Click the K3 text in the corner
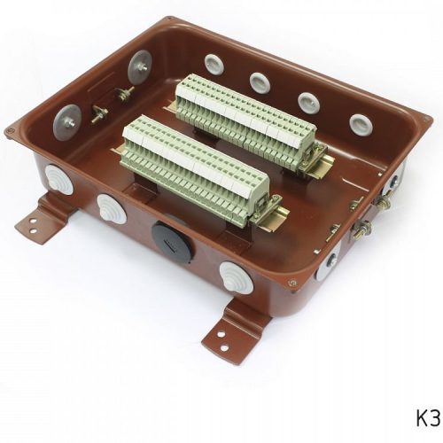pyautogui.click(x=429, y=417)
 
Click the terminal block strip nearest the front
pyautogui.click(x=196, y=167)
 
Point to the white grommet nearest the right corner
pyautogui.click(x=361, y=126)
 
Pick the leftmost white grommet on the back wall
pyautogui.click(x=214, y=65)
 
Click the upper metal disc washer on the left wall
pyautogui.click(x=139, y=67)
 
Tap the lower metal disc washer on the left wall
pyautogui.click(x=66, y=122)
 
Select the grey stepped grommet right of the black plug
pyautogui.click(x=237, y=277)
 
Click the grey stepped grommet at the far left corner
pyautogui.click(x=58, y=180)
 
